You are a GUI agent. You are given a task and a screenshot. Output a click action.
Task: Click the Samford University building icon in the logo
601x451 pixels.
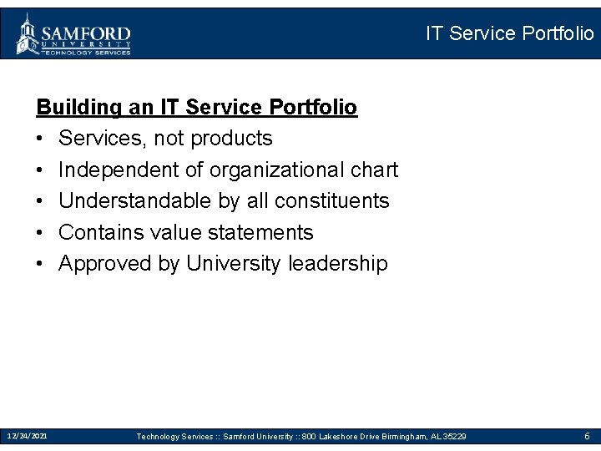click(x=28, y=34)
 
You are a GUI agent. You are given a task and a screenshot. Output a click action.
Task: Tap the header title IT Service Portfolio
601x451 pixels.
click(x=509, y=33)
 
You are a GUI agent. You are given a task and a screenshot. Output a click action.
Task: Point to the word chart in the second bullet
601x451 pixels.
click(x=373, y=170)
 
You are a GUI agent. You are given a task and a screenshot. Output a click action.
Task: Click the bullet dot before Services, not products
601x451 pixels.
click(x=40, y=139)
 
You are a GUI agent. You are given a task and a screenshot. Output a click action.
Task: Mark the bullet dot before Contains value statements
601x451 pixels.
click(x=40, y=233)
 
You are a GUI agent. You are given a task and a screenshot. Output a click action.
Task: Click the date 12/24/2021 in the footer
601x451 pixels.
click(x=28, y=436)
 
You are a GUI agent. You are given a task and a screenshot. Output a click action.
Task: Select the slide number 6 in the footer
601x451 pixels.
click(x=587, y=436)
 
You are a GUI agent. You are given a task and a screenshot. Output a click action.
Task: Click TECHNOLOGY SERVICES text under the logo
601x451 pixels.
click(x=88, y=52)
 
